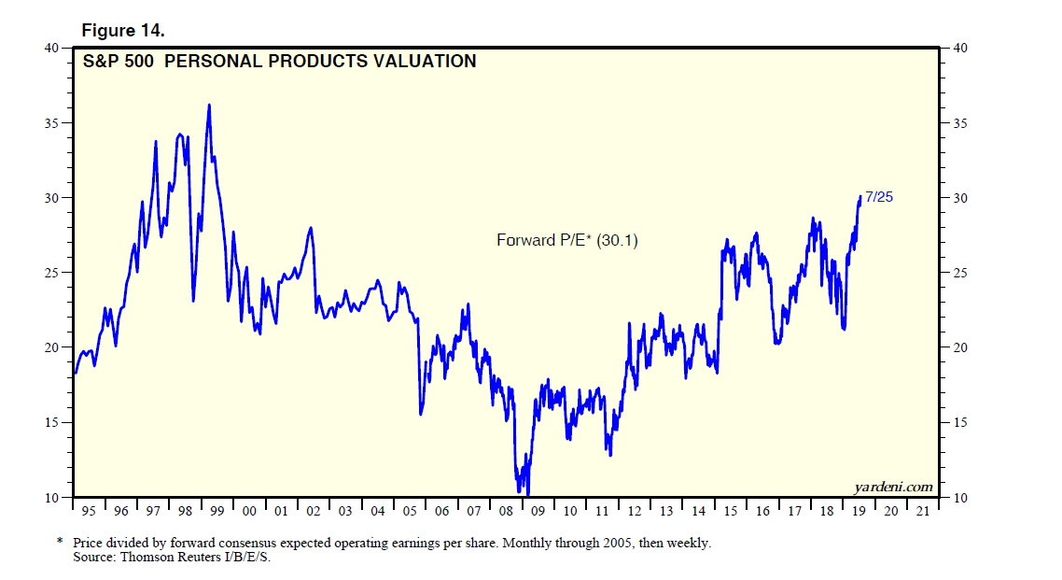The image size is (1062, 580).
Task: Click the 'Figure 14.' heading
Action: (x=123, y=31)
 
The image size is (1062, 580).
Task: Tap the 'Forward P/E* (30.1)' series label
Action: (x=566, y=240)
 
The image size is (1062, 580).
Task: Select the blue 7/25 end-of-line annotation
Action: (x=880, y=196)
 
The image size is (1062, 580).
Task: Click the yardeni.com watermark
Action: (x=893, y=487)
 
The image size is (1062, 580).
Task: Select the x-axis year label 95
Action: (x=89, y=512)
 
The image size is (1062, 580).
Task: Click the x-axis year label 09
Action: (x=538, y=512)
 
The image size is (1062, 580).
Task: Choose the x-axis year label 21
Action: (x=922, y=512)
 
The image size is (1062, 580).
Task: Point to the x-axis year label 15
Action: (x=730, y=512)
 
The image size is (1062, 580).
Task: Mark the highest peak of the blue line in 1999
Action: (x=209, y=105)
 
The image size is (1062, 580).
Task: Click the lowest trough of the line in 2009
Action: (x=528, y=494)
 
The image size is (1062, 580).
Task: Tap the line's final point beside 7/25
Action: (x=859, y=196)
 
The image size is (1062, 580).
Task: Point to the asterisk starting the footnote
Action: (x=61, y=542)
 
